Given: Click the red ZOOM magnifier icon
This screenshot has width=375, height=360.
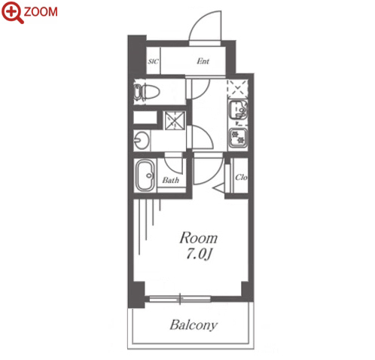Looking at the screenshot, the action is tap(12, 12).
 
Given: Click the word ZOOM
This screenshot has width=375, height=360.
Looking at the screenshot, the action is tap(41, 12).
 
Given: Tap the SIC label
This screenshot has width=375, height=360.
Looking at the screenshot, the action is tap(153, 61).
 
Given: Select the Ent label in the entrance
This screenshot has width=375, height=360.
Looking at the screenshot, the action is tap(203, 61).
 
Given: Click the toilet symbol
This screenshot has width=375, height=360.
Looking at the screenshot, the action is tap(147, 92).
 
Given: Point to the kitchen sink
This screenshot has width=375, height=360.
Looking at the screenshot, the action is tap(238, 110).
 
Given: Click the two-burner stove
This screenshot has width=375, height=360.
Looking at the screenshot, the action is tap(238, 138).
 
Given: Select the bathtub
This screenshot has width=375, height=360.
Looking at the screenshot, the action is tap(145, 175).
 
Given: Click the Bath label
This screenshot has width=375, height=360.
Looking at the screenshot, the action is tap(171, 180).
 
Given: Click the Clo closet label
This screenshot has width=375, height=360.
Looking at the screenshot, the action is tap(241, 178).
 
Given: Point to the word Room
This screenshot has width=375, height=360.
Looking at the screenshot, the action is tap(198, 238).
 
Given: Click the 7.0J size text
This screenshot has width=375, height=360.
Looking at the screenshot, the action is tap(199, 255).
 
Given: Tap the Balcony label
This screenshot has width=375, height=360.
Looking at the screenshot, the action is tap(194, 325).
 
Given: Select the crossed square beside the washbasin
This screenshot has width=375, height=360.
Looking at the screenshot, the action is tap(175, 121).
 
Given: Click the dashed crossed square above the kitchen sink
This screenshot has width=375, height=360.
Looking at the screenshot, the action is tap(237, 89).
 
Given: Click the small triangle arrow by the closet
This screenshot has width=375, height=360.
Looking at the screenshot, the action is tap(219, 188).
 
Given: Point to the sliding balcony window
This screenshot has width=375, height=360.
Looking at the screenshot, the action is tap(180, 298).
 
